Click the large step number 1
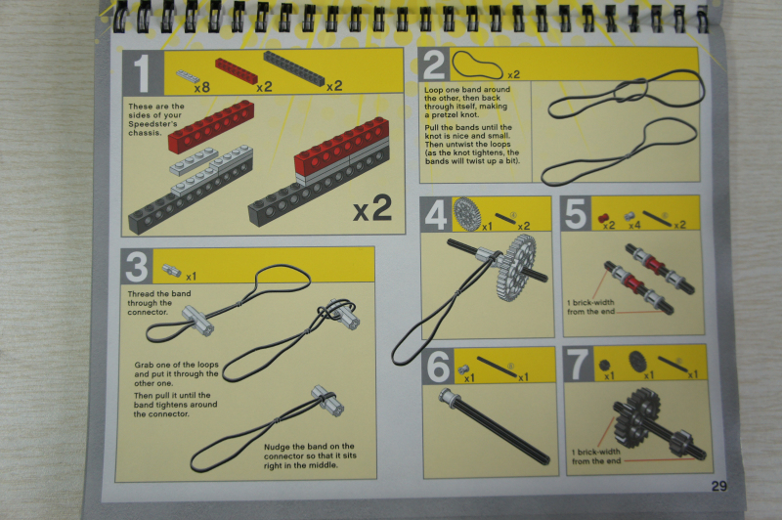tap(143, 72)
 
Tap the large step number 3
tap(137, 266)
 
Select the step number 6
tap(438, 367)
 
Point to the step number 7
tap(578, 364)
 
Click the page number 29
tap(718, 486)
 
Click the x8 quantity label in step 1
tap(202, 88)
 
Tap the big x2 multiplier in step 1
tap(372, 208)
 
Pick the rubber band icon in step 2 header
tap(477, 65)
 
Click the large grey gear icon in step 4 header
tap(466, 214)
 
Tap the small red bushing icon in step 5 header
tap(603, 218)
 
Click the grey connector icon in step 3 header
tap(172, 270)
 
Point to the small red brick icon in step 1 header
tap(237, 70)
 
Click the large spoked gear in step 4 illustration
tap(516, 267)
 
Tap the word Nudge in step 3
tap(277, 447)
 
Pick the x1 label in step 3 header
tap(191, 277)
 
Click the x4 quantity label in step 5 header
tap(633, 226)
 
